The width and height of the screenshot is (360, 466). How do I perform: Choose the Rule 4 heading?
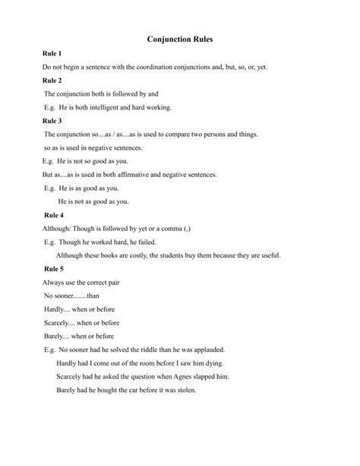(x=53, y=215)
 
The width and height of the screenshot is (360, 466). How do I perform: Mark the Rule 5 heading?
(x=53, y=268)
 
